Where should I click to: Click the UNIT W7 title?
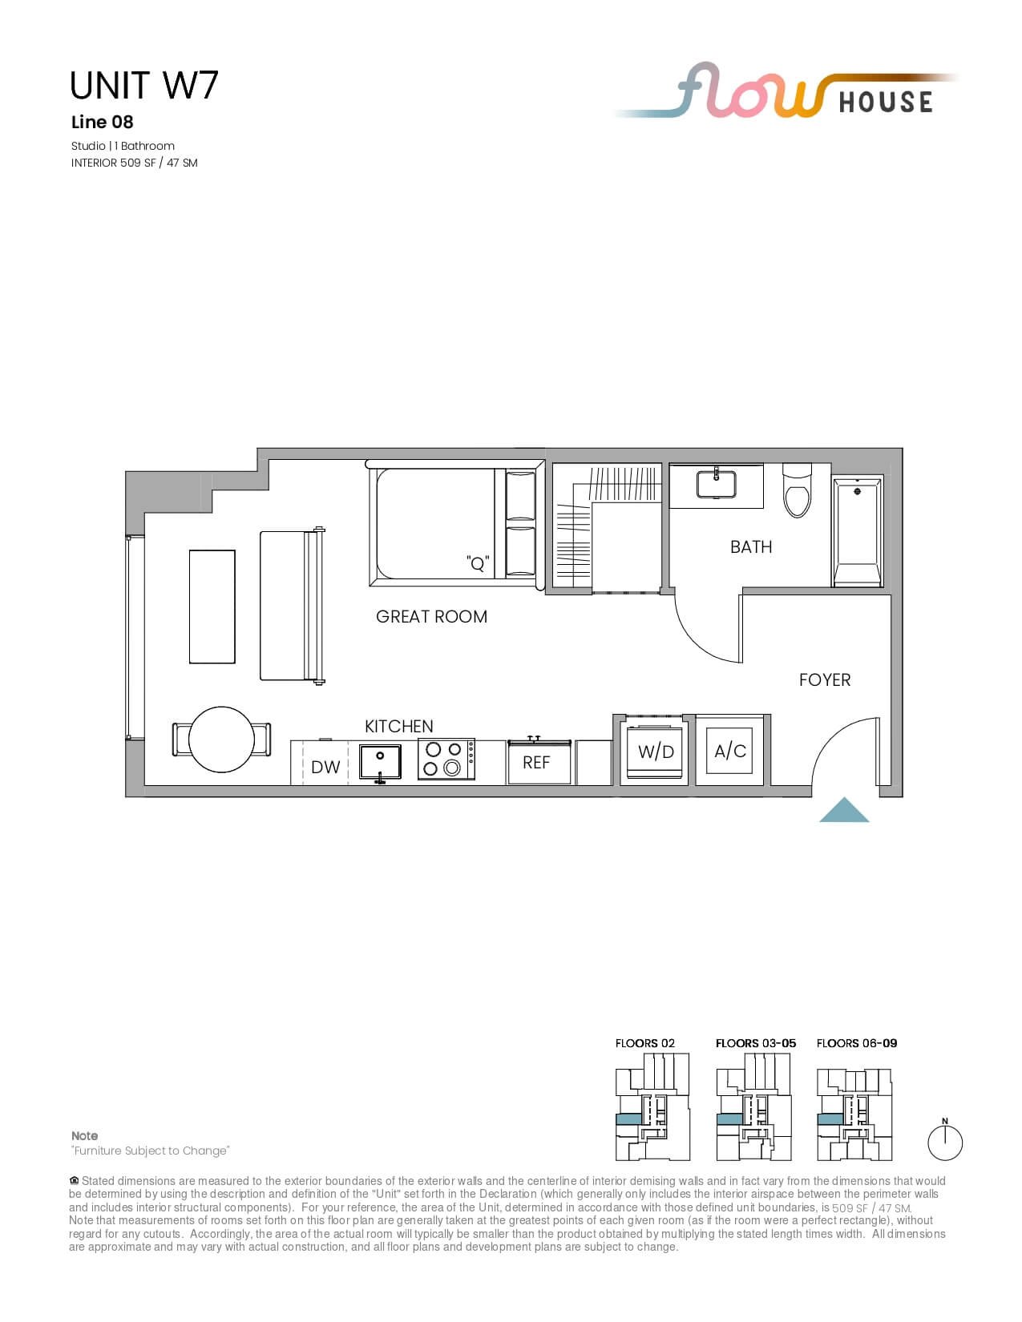coord(143,85)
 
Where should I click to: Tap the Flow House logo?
coord(786,91)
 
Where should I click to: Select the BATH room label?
coord(750,547)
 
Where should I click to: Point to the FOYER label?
coord(824,679)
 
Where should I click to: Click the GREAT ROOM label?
coord(431,616)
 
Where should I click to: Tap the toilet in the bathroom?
coord(797,490)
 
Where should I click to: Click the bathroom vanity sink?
coord(716,484)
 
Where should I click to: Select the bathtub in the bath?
coord(857,531)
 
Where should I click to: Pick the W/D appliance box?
coord(655,751)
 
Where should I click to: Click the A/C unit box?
coord(729,751)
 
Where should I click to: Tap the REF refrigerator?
coord(539,761)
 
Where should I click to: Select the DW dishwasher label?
coord(325,768)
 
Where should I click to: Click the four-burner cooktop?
coord(446,760)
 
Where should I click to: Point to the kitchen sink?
coord(380,762)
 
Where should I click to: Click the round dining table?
coord(221,740)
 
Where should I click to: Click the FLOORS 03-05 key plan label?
coord(755,1043)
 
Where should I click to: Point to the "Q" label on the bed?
coord(478,563)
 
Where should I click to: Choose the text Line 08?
coord(103,123)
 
